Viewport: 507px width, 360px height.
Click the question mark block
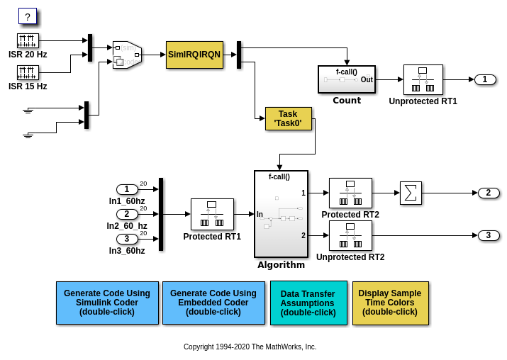pos(27,16)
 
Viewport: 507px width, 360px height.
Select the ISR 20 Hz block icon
pos(28,40)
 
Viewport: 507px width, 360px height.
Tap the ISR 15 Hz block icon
pos(28,72)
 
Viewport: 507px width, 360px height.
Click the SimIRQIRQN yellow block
pos(194,55)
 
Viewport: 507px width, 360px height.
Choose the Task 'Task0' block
pos(288,118)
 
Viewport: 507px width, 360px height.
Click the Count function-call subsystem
pos(347,79)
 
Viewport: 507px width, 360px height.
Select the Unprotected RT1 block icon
pos(423,79)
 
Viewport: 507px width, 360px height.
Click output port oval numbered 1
pos(485,79)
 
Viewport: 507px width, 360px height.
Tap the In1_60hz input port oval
pos(127,189)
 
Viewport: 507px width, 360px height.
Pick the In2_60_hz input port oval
pos(127,214)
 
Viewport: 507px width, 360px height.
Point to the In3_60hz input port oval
pos(127,239)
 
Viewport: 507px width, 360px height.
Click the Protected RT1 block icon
pos(212,214)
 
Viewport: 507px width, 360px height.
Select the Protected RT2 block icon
pos(350,193)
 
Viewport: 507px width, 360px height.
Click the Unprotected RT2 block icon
pos(350,235)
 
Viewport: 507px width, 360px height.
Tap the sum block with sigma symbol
pos(411,193)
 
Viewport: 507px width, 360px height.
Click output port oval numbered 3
pos(489,235)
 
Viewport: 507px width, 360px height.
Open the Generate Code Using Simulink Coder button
pos(107,303)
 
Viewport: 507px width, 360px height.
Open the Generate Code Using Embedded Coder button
pos(213,303)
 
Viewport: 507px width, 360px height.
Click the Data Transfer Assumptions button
pos(308,303)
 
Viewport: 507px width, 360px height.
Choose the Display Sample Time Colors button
pos(390,303)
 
